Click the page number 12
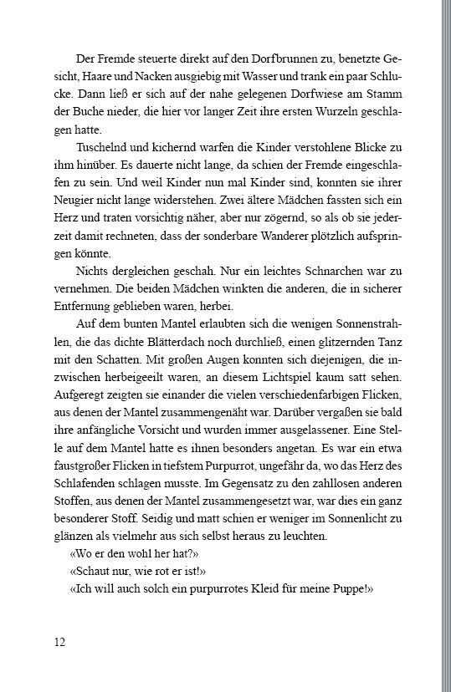[x=59, y=642]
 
